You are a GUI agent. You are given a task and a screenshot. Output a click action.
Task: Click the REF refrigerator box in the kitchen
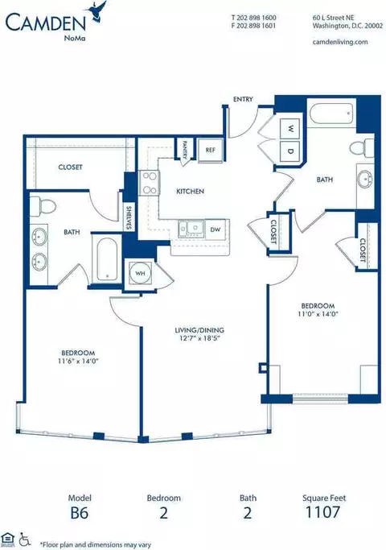pyautogui.click(x=210, y=150)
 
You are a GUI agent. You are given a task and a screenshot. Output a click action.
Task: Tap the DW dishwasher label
pyautogui.click(x=216, y=230)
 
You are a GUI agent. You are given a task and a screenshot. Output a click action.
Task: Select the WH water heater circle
pyautogui.click(x=140, y=274)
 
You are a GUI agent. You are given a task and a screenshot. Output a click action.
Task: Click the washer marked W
pyautogui.click(x=290, y=128)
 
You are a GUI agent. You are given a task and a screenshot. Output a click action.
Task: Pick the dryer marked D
pyautogui.click(x=290, y=151)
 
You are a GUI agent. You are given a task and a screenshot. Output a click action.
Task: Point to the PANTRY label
pyautogui.click(x=185, y=150)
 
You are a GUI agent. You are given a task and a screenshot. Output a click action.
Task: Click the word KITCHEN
pyautogui.click(x=190, y=192)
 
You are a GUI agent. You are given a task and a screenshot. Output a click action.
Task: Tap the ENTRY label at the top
pyautogui.click(x=243, y=99)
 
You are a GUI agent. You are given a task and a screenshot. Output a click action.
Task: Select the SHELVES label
pyautogui.click(x=128, y=217)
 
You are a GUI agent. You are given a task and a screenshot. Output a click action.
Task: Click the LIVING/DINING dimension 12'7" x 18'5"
pyautogui.click(x=199, y=338)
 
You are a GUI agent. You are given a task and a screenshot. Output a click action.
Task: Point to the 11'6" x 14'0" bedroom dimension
pyautogui.click(x=78, y=361)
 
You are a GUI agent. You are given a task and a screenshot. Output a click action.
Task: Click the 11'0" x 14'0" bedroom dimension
pyautogui.click(x=318, y=314)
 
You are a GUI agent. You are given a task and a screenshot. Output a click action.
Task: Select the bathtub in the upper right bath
pyautogui.click(x=331, y=113)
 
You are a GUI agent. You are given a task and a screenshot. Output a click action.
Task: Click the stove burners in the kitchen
pyautogui.click(x=149, y=183)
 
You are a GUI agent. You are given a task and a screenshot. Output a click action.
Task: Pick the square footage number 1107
pyautogui.click(x=322, y=512)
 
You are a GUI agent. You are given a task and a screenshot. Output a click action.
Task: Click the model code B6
pyautogui.click(x=80, y=513)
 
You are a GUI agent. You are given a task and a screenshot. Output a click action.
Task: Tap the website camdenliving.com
pyautogui.click(x=340, y=42)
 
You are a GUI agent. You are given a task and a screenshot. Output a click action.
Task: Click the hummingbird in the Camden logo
pyautogui.click(x=98, y=12)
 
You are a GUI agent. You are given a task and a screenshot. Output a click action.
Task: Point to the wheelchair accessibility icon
pyautogui.click(x=24, y=539)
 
